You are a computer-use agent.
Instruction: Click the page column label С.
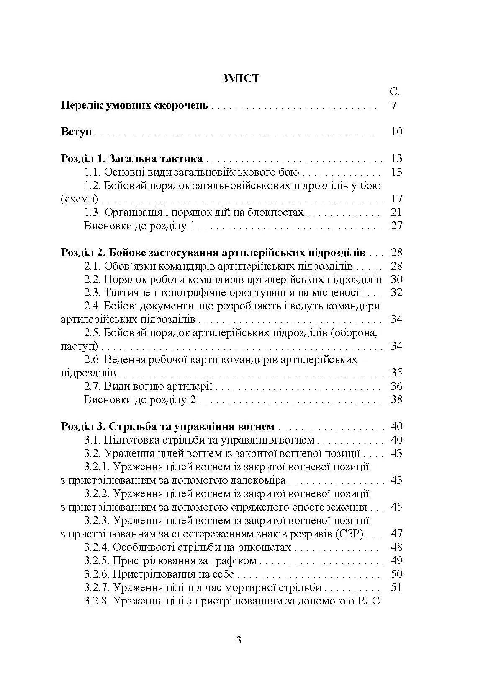394,92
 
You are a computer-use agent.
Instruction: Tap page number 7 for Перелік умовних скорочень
394,105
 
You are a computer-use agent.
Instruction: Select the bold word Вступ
76,132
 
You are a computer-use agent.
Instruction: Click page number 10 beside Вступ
396,132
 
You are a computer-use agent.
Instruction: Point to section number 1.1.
92,172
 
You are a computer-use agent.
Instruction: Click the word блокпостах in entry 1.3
278,212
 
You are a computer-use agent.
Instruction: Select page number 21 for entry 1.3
396,212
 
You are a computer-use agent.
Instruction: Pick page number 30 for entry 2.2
396,279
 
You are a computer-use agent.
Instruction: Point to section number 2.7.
92,386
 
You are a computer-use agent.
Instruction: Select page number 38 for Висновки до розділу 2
396,399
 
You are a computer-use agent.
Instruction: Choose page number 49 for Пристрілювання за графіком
396,560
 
